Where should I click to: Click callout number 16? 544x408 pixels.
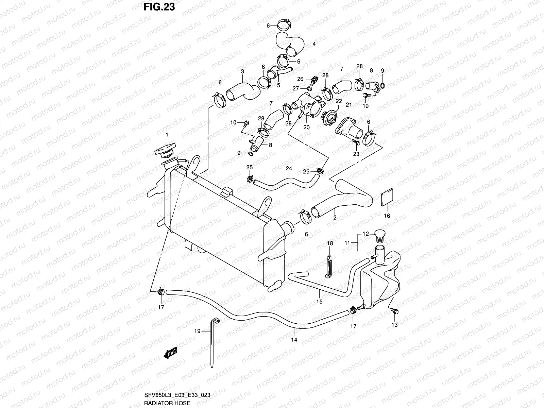(387, 216)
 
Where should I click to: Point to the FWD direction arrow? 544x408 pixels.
(170, 354)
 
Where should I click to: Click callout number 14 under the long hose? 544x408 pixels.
(294, 340)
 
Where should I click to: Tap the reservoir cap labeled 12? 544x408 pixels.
(380, 234)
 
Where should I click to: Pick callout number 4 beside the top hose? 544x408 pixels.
(314, 44)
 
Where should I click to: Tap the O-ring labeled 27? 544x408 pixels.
(308, 88)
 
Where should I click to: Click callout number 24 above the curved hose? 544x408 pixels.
(289, 169)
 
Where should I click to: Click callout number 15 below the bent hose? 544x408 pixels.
(319, 301)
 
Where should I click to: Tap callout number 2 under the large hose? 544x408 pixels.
(335, 218)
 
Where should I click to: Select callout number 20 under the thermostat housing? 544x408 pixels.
(306, 127)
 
